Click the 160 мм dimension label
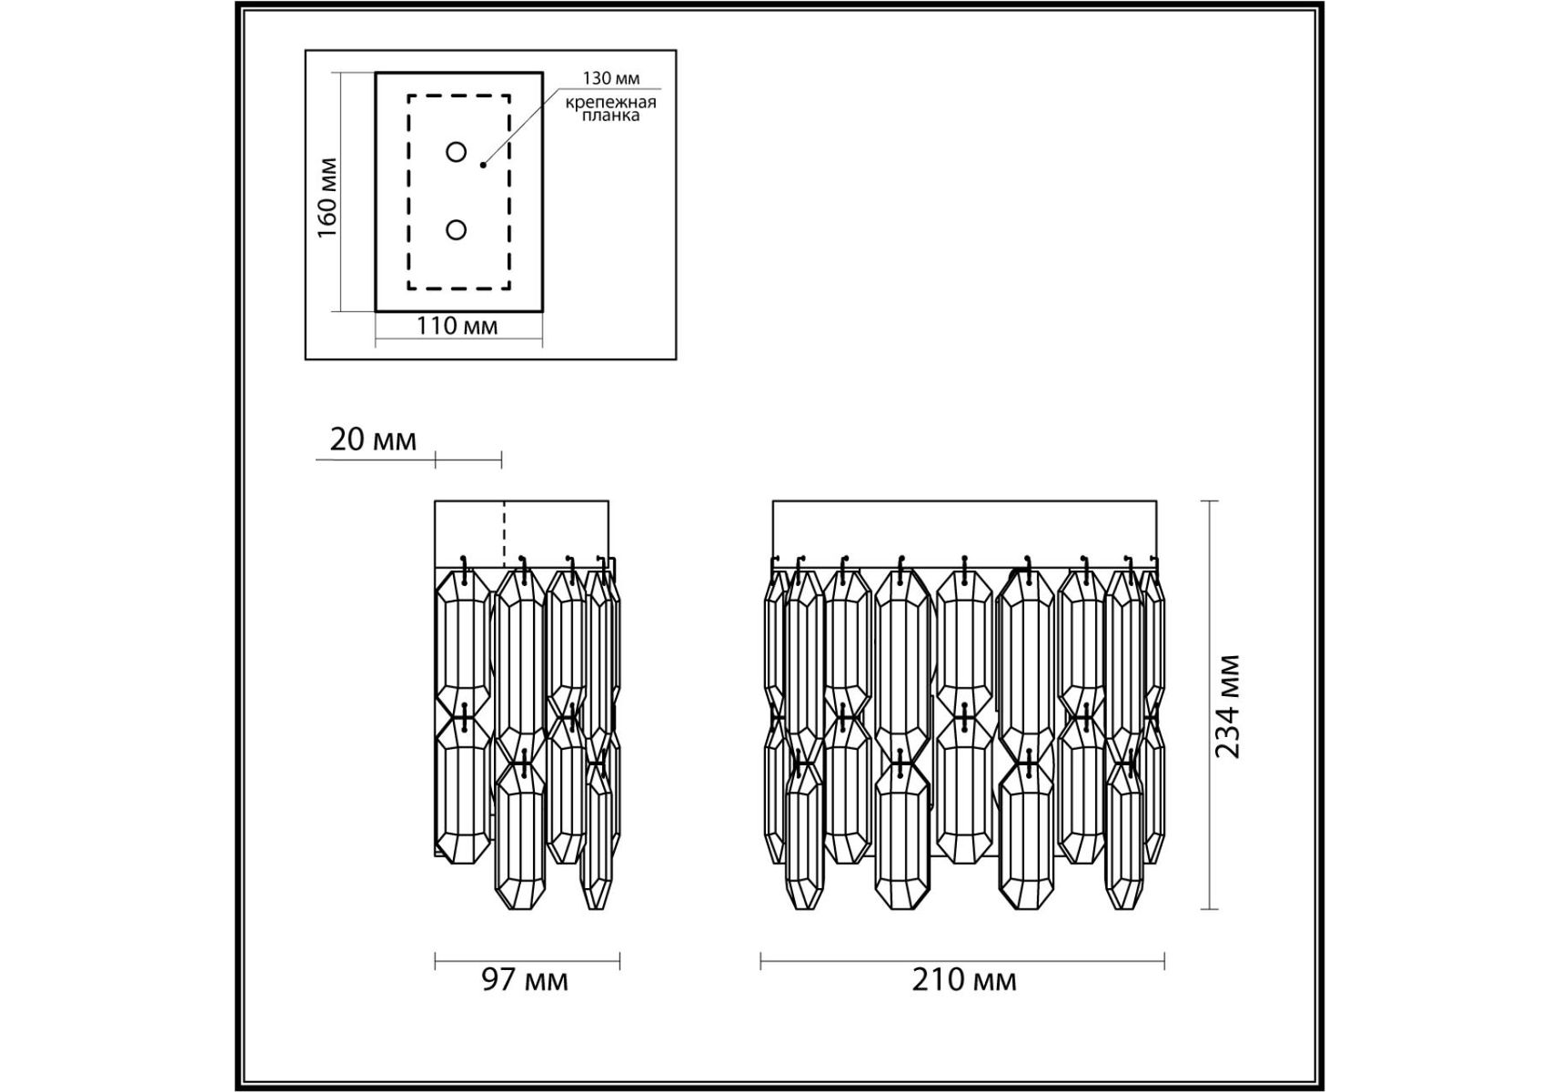327,198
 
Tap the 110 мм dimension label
458,326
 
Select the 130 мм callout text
611,79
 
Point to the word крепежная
610,101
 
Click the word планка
610,116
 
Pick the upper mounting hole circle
457,152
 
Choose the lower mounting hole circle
457,230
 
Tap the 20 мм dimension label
373,440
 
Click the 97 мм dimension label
525,980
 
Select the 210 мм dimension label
964,980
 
